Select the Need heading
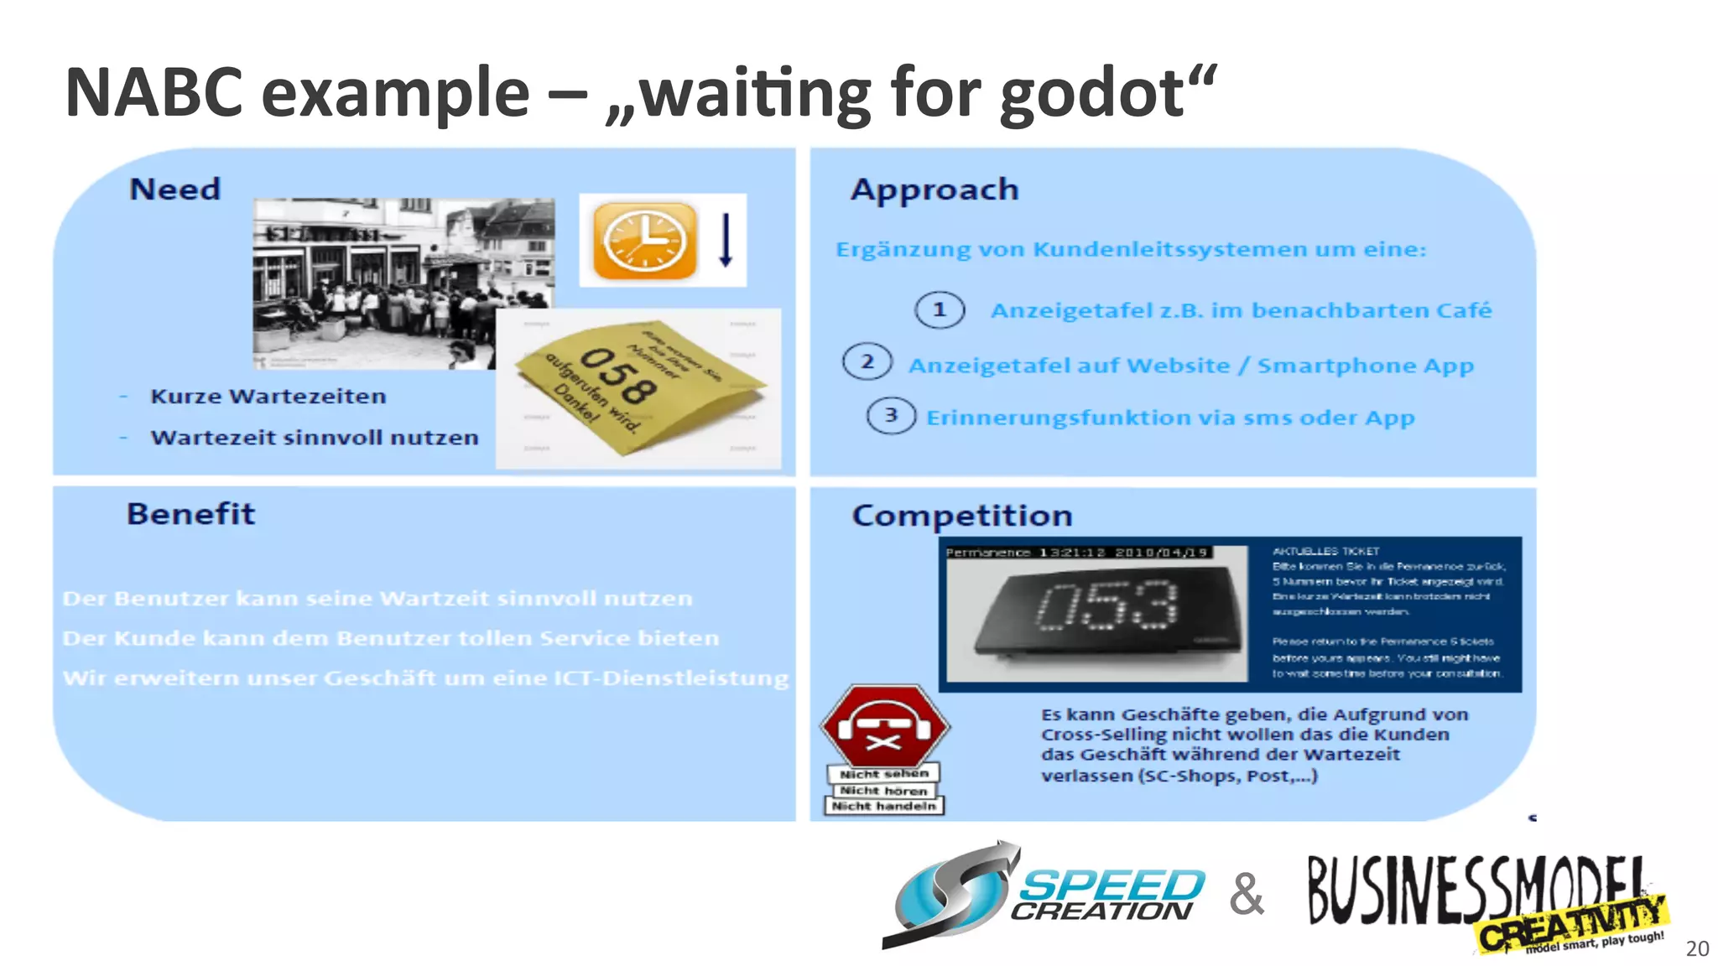(174, 190)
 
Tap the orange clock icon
(644, 241)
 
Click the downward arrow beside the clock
(726, 240)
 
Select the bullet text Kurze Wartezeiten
(268, 396)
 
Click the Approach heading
(934, 190)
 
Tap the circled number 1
(939, 310)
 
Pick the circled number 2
(867, 362)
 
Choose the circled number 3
(891, 415)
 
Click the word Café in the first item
(1464, 310)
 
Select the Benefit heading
(190, 513)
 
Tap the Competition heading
(961, 515)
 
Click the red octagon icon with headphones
(884, 725)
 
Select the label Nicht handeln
(884, 806)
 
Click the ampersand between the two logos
(1246, 895)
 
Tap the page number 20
(1696, 948)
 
